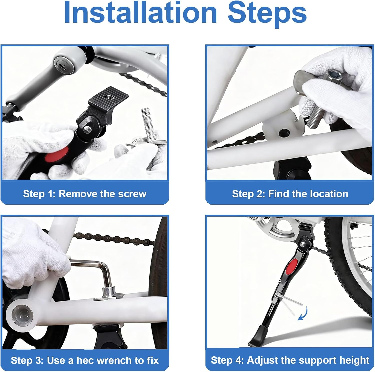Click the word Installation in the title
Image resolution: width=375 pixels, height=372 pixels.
tap(140, 13)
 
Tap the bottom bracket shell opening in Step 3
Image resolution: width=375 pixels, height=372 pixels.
tap(23, 314)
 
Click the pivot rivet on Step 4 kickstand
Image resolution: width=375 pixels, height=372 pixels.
tap(303, 244)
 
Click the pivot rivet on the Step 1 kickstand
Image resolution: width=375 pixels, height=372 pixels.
tap(87, 129)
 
